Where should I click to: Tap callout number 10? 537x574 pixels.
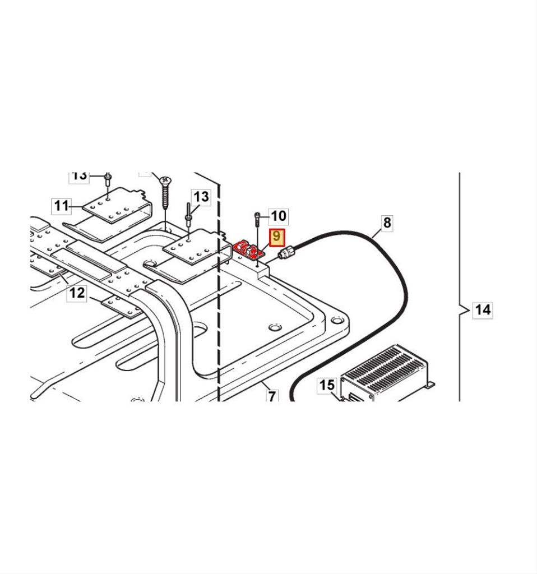click(x=278, y=216)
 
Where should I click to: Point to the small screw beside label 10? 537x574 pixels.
click(x=257, y=219)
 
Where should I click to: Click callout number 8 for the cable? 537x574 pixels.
click(x=387, y=223)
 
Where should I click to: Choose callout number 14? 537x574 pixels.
click(x=483, y=309)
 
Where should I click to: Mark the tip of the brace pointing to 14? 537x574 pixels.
click(x=461, y=309)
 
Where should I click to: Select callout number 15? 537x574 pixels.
click(x=327, y=385)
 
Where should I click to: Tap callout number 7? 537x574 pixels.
click(x=272, y=397)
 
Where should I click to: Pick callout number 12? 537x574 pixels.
click(x=77, y=292)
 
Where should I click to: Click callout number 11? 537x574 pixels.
click(x=62, y=206)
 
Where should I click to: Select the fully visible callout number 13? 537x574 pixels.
click(x=201, y=197)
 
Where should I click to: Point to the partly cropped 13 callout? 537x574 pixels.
click(x=80, y=176)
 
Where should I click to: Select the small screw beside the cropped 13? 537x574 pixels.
click(x=107, y=180)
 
